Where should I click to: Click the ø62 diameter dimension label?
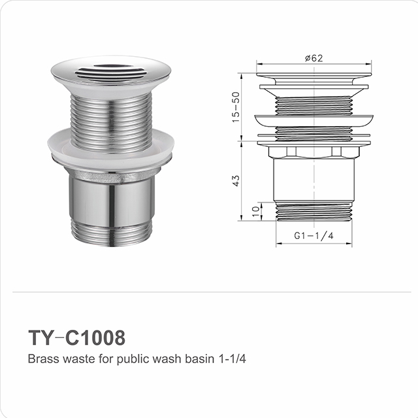pos(313,59)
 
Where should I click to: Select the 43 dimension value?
pos(237,179)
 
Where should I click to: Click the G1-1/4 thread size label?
pos(313,236)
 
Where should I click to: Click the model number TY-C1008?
pos(76,338)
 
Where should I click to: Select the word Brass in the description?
pos(40,359)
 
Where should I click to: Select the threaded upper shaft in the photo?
pos(110,114)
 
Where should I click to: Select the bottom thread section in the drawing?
pos(313,211)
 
